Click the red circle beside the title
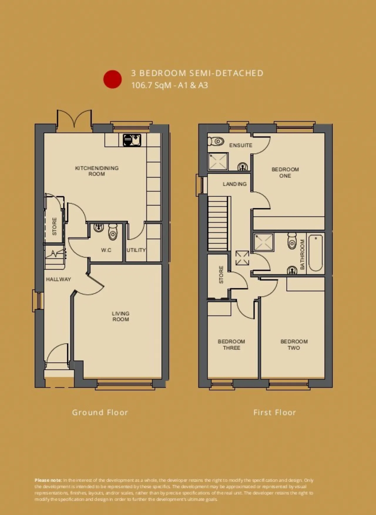[112, 79]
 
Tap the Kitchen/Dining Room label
[97, 171]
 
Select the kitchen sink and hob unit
[132, 140]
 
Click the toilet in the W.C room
[113, 232]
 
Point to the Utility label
[136, 250]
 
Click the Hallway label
[58, 279]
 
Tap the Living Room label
[120, 316]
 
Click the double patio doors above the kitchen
[74, 120]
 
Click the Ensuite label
[241, 145]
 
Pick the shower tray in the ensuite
[218, 161]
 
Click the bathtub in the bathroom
[315, 253]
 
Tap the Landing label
[234, 184]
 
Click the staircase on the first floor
[218, 223]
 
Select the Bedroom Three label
[231, 345]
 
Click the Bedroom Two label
[294, 345]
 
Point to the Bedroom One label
[285, 172]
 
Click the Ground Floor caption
[100, 413]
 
